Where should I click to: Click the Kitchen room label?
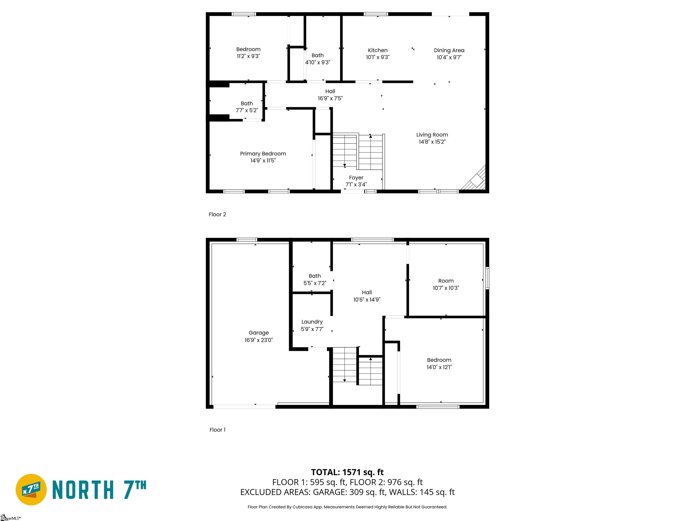coord(378,50)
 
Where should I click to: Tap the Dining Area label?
coord(449,50)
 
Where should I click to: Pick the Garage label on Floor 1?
coord(259,333)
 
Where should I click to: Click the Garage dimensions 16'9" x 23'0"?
coord(259,340)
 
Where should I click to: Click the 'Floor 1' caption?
coord(217,430)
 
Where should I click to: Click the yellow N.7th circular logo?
coord(31,490)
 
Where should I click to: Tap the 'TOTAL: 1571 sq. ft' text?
coord(347,472)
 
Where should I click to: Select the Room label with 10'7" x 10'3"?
coord(446,281)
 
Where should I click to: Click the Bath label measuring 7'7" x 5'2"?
coord(247,104)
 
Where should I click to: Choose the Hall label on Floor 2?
coord(330,91)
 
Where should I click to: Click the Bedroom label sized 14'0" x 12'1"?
coord(439,360)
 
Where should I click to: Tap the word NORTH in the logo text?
coord(82,490)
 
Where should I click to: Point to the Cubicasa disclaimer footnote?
coord(347,507)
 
